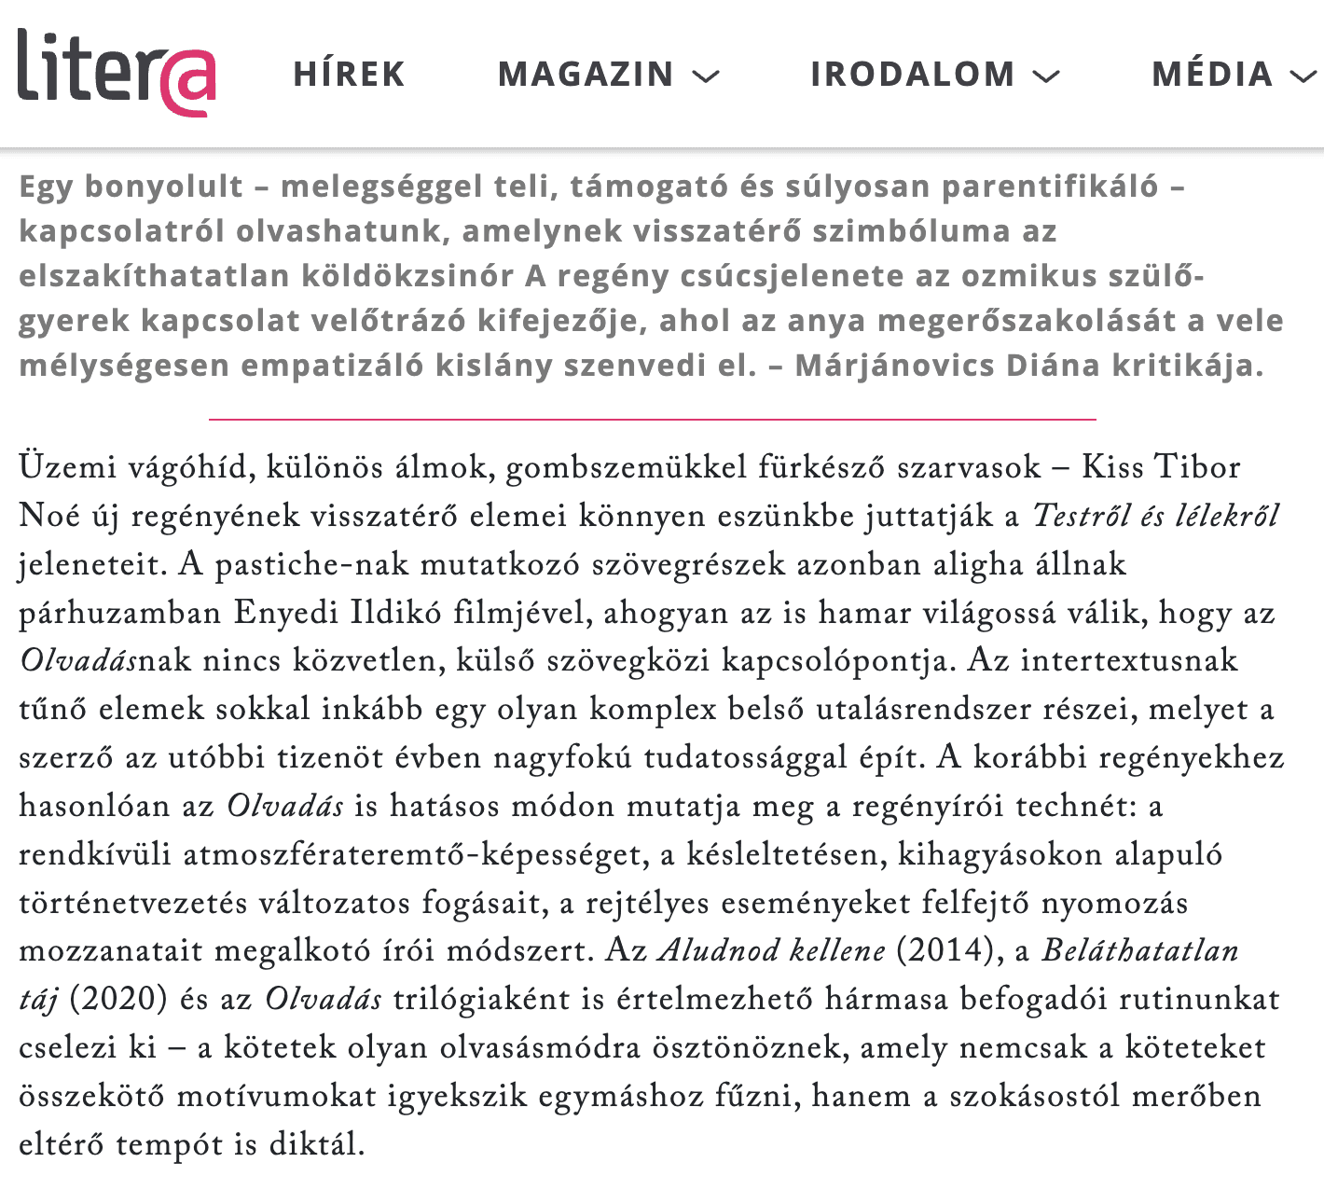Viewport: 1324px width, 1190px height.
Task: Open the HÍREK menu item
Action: pos(349,75)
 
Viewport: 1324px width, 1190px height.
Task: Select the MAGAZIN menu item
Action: pos(586,75)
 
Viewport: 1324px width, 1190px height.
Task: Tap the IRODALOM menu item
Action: pos(912,75)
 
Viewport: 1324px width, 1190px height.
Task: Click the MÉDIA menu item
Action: pos(1212,75)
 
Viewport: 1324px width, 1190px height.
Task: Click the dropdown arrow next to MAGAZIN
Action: pos(707,76)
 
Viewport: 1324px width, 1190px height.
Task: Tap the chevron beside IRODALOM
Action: pos(1047,76)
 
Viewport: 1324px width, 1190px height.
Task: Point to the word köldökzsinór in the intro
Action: pos(407,276)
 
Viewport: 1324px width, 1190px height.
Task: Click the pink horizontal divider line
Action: pos(653,420)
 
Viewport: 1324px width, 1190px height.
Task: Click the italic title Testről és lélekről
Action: pos(1156,516)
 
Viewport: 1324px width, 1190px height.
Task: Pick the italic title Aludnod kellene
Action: pos(772,950)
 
